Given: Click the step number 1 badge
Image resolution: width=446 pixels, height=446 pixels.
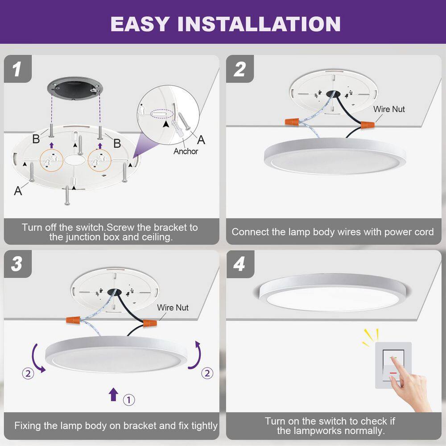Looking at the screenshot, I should tap(17, 70).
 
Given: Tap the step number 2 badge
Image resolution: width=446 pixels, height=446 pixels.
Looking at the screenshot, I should tap(240, 70).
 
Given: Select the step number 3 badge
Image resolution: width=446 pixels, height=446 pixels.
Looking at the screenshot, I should tap(17, 264).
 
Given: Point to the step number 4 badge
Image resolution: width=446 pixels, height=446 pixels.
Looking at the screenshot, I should tap(240, 264).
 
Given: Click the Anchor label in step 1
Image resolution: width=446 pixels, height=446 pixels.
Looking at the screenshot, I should tap(186, 151).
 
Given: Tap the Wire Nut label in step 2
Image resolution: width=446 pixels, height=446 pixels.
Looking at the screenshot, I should tap(389, 109).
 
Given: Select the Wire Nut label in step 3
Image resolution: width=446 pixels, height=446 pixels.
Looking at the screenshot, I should tap(173, 308).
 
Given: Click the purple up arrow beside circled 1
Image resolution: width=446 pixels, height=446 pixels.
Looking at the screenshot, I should tap(113, 394).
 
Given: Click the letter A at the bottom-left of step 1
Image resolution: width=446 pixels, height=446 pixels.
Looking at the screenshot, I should tap(18, 191).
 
